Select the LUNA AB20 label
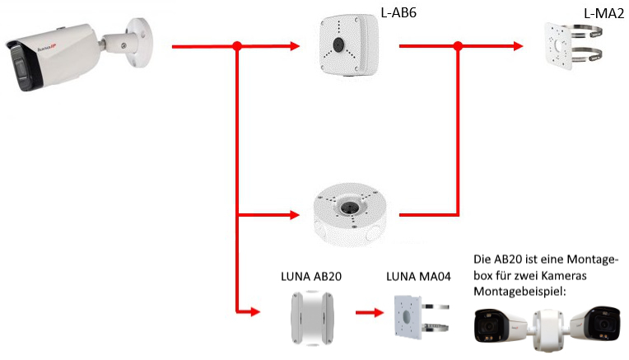(x=311, y=277)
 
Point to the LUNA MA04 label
(x=418, y=277)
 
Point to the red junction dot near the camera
(x=238, y=47)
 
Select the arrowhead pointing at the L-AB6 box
(x=297, y=47)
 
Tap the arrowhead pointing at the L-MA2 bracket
(x=520, y=47)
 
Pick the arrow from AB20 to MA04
(x=368, y=313)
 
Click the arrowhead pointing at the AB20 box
(x=254, y=313)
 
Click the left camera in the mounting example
(x=503, y=325)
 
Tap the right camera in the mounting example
(x=596, y=325)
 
